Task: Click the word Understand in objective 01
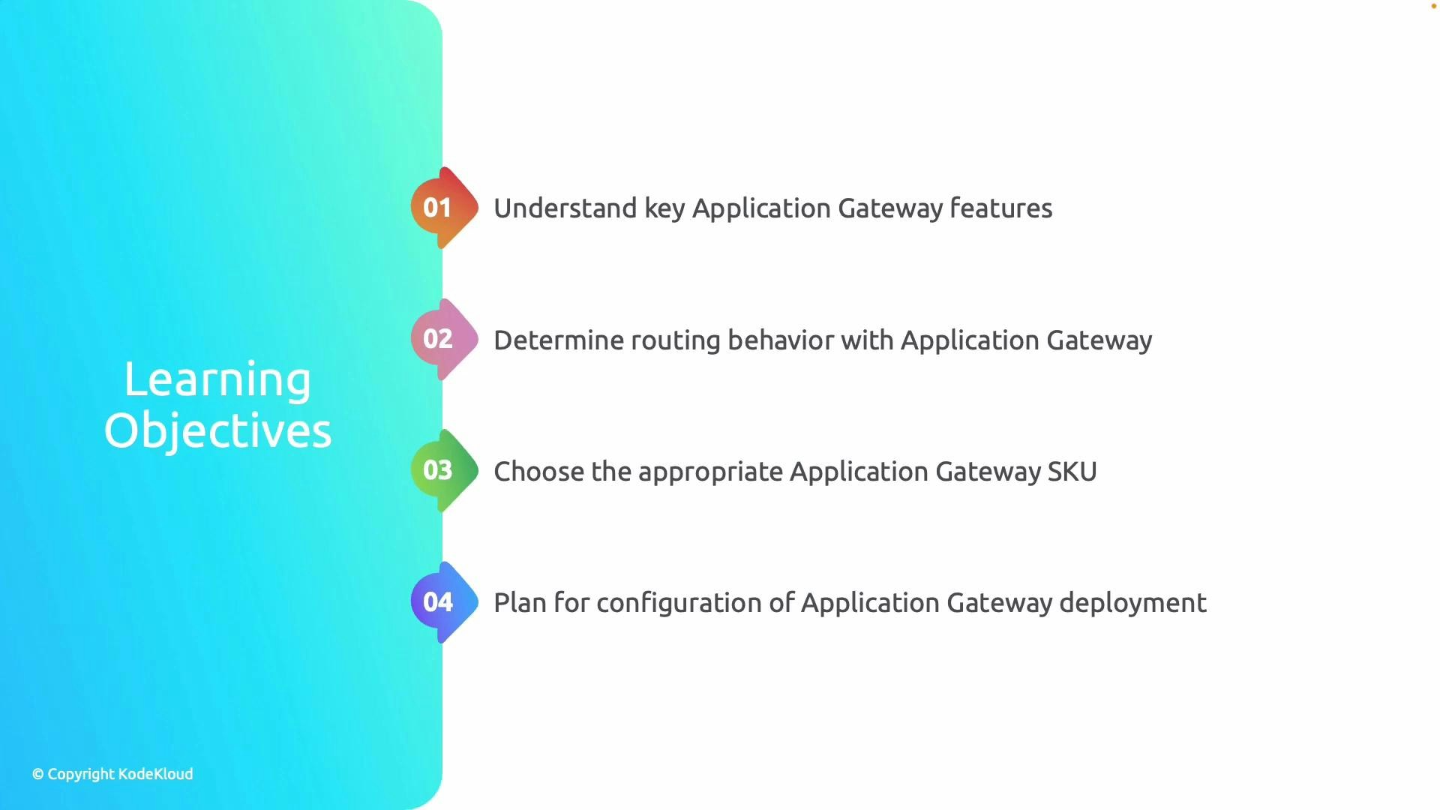tap(565, 208)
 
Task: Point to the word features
tap(1000, 208)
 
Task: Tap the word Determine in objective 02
tap(558, 340)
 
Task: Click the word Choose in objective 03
tap(538, 472)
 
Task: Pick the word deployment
tap(1132, 604)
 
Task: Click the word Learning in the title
tap(217, 380)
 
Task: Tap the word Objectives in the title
tap(217, 431)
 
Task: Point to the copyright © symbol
tap(38, 774)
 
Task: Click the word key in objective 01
tap(664, 209)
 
